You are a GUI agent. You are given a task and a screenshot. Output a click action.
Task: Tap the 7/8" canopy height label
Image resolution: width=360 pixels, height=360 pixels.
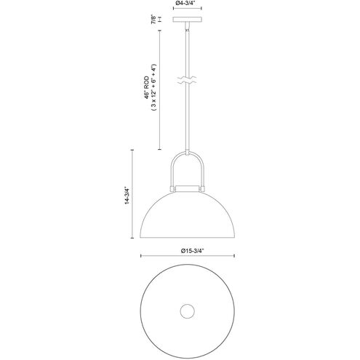click(x=153, y=20)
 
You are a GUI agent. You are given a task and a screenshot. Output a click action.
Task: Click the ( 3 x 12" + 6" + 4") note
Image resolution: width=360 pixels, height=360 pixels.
click(x=153, y=87)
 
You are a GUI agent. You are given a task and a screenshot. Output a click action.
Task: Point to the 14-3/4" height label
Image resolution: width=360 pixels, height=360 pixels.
click(x=127, y=195)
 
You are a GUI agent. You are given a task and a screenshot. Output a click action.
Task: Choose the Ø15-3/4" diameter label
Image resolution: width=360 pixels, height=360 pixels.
click(x=191, y=251)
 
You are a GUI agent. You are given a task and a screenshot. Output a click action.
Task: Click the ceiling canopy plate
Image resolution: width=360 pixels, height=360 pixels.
click(x=187, y=19)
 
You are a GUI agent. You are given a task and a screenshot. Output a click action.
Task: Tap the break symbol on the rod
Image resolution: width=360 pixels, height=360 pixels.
click(x=187, y=81)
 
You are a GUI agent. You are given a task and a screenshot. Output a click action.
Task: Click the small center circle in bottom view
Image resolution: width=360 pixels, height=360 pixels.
click(x=187, y=311)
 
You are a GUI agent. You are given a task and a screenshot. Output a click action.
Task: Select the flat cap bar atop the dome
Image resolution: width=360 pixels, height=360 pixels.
click(x=187, y=188)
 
